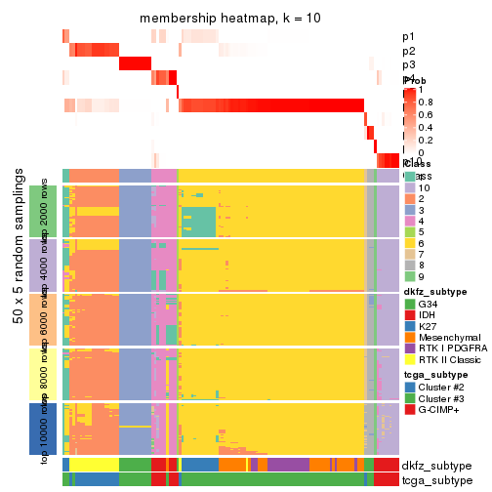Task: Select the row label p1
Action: pos(408,37)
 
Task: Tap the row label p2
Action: pos(408,51)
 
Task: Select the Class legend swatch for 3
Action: pos(409,211)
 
